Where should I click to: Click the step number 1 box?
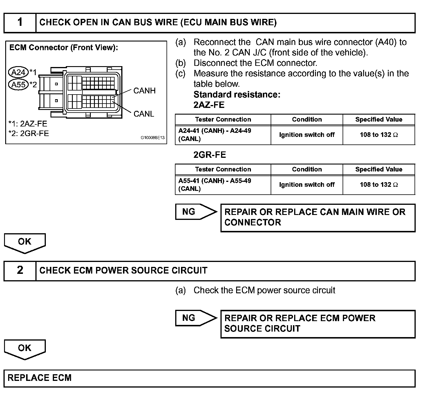[x=20, y=23]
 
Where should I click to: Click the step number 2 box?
[x=20, y=271]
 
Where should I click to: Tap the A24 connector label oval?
[x=18, y=72]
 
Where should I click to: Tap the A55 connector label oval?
[x=18, y=84]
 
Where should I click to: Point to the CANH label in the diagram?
[x=144, y=91]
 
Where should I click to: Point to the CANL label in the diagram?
[x=144, y=114]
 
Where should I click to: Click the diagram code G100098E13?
[x=153, y=138]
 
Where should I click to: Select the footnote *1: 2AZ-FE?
[x=28, y=124]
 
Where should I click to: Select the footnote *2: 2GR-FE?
[x=29, y=133]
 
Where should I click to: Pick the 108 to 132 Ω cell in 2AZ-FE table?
[x=379, y=135]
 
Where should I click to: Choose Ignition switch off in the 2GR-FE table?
[x=307, y=184]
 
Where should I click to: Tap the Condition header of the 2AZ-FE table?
[x=307, y=120]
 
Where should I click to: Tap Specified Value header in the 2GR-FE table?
[x=379, y=169]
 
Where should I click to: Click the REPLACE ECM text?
[x=39, y=378]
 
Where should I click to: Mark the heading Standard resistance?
[x=237, y=95]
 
